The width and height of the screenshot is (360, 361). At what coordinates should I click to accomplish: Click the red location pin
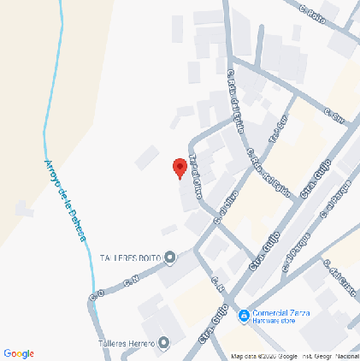(x=180, y=168)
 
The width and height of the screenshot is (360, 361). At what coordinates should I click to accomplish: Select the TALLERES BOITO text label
(x=130, y=257)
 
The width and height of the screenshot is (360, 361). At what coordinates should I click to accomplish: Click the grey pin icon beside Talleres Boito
(x=170, y=257)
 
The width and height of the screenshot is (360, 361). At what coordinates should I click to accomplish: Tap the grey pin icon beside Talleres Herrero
(x=163, y=343)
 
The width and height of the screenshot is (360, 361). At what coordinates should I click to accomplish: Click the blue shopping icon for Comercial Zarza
(x=244, y=316)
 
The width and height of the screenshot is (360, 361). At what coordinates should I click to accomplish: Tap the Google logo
(x=19, y=353)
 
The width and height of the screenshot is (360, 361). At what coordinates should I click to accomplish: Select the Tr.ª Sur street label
(x=275, y=129)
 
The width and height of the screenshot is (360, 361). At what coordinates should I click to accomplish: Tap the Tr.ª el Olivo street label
(x=196, y=175)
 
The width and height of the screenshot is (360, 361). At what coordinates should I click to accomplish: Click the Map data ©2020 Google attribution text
(x=264, y=355)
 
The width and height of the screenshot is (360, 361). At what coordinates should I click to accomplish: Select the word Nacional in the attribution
(x=345, y=355)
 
